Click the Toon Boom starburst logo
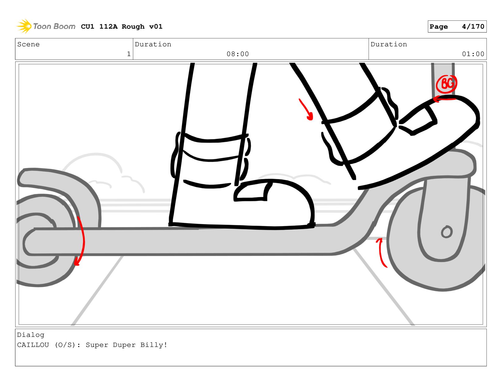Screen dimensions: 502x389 tap(24, 26)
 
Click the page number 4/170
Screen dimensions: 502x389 tap(473, 27)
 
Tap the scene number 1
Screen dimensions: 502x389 tap(129, 54)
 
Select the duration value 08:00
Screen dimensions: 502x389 tap(238, 54)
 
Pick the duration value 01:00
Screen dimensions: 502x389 tap(473, 54)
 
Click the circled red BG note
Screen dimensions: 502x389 tap(446, 84)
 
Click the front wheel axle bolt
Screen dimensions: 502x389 tap(447, 232)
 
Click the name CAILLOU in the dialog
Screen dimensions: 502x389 tap(33, 345)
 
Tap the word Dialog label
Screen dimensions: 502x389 tap(30, 335)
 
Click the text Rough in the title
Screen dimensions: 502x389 tap(133, 27)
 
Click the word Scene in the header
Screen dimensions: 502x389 tap(28, 44)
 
